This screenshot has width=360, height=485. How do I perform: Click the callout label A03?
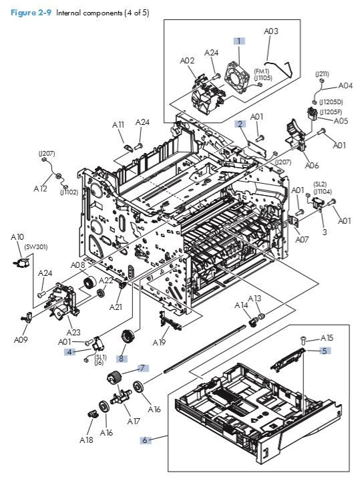tap(271, 31)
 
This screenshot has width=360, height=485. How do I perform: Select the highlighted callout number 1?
tap(238, 41)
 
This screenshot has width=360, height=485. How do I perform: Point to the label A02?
tap(187, 60)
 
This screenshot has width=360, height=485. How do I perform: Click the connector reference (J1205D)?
tap(331, 102)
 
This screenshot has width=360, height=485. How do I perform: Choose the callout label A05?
tap(341, 121)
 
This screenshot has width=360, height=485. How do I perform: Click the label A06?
tap(311, 166)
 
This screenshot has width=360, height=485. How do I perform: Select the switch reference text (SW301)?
tap(34, 247)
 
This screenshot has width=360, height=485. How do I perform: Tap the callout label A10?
tap(17, 236)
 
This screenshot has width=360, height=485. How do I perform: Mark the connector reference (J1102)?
tap(69, 192)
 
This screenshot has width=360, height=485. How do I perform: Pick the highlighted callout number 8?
tap(122, 358)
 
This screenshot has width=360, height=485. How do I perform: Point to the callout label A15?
tap(327, 337)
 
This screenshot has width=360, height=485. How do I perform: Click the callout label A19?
tap(159, 342)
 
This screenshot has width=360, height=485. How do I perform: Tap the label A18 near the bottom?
tap(86, 440)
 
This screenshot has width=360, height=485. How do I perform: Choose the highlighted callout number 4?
tap(69, 351)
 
